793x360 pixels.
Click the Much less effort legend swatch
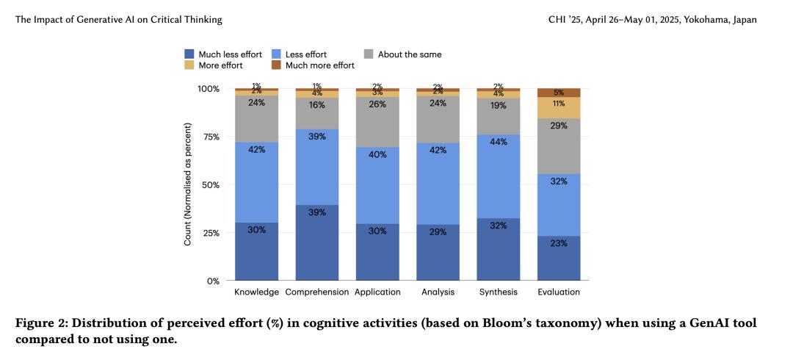click(x=189, y=54)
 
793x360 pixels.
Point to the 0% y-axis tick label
click(x=214, y=281)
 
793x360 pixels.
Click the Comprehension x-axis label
click(x=316, y=292)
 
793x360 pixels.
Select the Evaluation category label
click(x=559, y=292)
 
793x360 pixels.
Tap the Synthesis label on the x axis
click(x=499, y=292)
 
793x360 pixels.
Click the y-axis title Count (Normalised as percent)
click(x=188, y=184)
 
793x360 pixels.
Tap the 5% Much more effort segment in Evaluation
click(x=559, y=93)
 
